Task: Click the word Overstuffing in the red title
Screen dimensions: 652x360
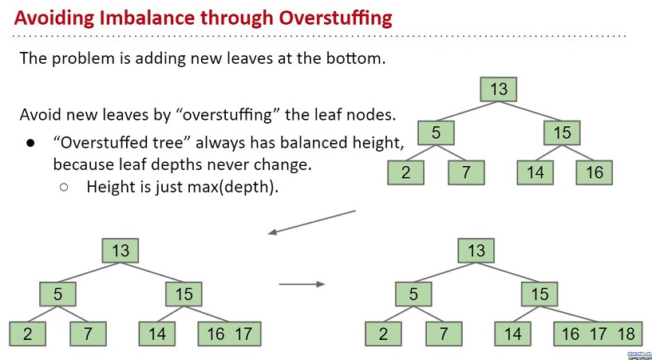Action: (x=335, y=18)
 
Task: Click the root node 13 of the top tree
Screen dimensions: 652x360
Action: (x=499, y=89)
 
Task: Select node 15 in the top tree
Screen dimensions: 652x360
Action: (x=562, y=133)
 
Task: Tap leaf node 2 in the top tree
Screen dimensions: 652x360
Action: (x=406, y=172)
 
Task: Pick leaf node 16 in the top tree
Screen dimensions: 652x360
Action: (x=595, y=172)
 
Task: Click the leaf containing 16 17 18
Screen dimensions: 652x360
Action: (x=598, y=334)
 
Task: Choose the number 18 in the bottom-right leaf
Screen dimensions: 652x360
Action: (x=626, y=334)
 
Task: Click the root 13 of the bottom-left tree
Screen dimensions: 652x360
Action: (x=121, y=251)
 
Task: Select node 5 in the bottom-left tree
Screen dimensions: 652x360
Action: (x=57, y=294)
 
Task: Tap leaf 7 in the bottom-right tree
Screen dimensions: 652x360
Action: (x=444, y=334)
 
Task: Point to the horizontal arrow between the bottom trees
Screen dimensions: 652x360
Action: (x=302, y=284)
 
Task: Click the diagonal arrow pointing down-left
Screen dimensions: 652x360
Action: (x=311, y=223)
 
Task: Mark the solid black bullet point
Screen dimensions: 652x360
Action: (x=31, y=144)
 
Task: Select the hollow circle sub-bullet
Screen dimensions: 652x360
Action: (x=64, y=188)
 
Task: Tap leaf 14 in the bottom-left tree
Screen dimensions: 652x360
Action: (x=156, y=334)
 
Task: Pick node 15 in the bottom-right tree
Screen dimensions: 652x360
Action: (x=539, y=294)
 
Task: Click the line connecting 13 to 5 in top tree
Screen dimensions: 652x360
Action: (x=467, y=111)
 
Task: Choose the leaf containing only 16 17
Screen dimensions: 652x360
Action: (x=230, y=334)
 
